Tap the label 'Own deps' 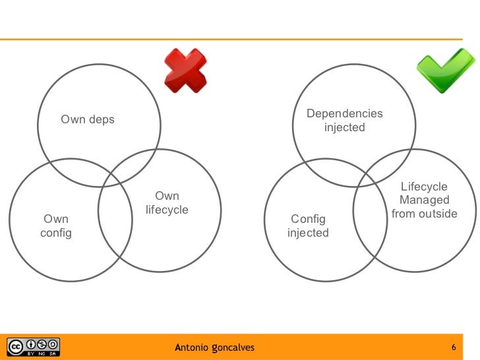coord(88,119)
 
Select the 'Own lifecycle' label coord(167,203)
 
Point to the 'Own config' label coord(56,226)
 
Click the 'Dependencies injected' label coord(344,121)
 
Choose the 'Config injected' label coord(308,226)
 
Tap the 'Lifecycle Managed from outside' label coord(424,200)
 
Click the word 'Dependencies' coord(344,114)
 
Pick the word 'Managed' coord(425,200)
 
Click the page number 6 coord(454,347)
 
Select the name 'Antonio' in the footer coord(192,347)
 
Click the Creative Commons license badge coord(33,346)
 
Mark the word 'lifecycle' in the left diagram coord(167,210)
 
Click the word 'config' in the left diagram coord(56,233)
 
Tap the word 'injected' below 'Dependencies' coord(344,128)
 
